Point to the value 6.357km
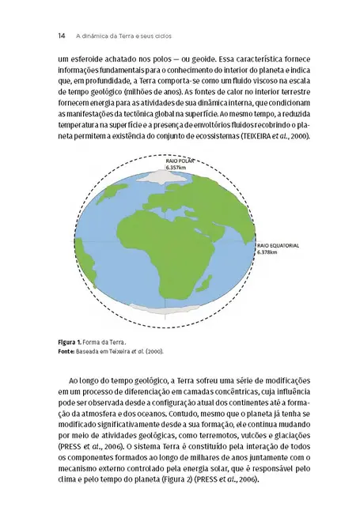click(x=176, y=168)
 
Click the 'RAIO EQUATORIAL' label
click(x=276, y=245)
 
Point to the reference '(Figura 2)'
click(x=174, y=480)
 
